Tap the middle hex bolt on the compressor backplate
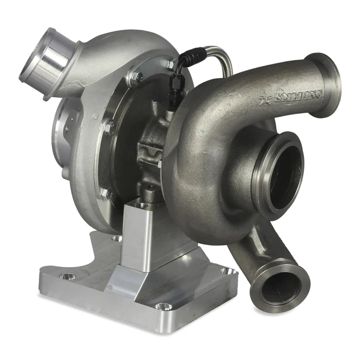[x=108, y=126]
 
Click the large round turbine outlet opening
[x=283, y=174]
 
